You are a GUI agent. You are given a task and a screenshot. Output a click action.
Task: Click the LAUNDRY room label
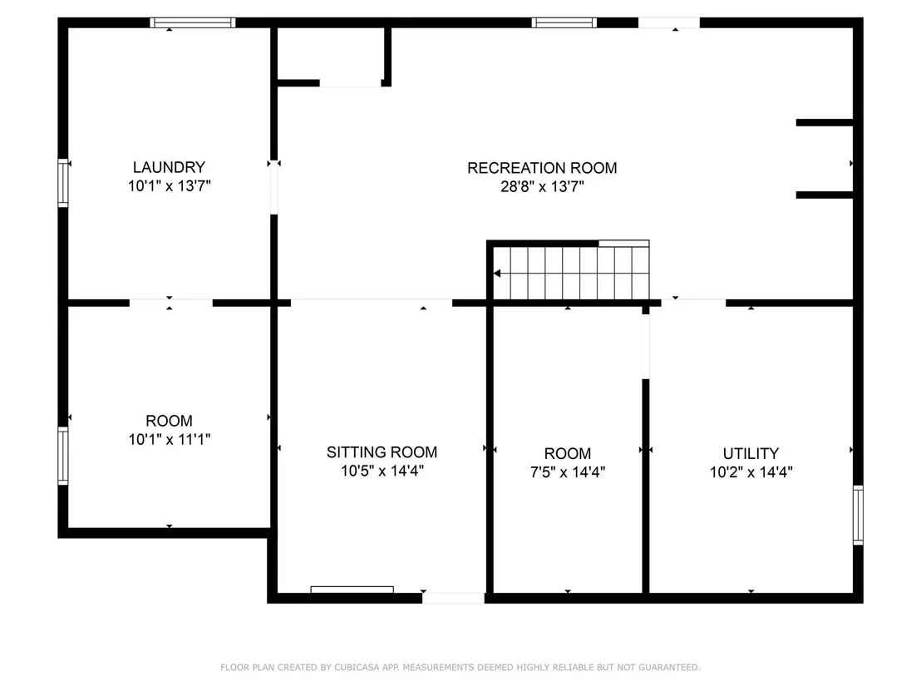(x=170, y=167)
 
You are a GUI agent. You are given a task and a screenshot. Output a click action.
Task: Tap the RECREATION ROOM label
(x=542, y=168)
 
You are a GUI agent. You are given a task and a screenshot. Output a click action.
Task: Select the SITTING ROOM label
(x=382, y=452)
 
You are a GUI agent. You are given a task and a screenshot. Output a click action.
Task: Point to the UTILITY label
(x=751, y=454)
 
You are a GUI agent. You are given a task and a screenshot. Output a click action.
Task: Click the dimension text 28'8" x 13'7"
(x=542, y=187)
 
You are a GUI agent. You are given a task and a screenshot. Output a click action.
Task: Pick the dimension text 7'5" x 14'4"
(x=568, y=471)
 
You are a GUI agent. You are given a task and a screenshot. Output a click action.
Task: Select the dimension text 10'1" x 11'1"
(x=170, y=440)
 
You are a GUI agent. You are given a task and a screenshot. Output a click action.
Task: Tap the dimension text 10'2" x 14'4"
(x=751, y=471)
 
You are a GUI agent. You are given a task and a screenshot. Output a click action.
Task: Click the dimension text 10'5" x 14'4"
(x=382, y=471)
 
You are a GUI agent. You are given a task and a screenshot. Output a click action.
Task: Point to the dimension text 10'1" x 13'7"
(x=170, y=185)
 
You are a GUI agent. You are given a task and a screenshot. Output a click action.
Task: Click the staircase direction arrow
(x=497, y=274)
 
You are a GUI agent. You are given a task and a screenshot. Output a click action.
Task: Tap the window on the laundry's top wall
(x=193, y=23)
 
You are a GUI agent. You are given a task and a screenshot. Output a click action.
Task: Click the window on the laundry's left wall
(x=63, y=183)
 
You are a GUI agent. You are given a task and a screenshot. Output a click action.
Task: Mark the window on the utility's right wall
(x=858, y=515)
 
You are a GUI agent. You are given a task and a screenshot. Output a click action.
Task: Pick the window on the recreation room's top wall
(x=564, y=23)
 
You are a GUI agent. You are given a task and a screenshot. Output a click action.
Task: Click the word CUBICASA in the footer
(x=357, y=667)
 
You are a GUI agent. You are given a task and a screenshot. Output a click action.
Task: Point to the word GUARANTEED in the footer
(x=670, y=667)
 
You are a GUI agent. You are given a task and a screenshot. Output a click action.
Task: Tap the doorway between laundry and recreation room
(x=273, y=189)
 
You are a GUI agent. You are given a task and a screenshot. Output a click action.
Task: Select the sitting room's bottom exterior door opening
(x=453, y=598)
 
